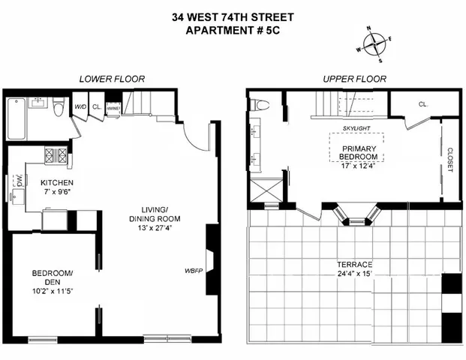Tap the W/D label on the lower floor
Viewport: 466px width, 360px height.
point(80,107)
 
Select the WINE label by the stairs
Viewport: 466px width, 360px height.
point(113,108)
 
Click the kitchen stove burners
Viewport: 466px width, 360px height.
point(57,157)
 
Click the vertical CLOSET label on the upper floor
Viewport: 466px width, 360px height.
point(449,158)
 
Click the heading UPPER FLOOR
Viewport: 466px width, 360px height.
point(354,79)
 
